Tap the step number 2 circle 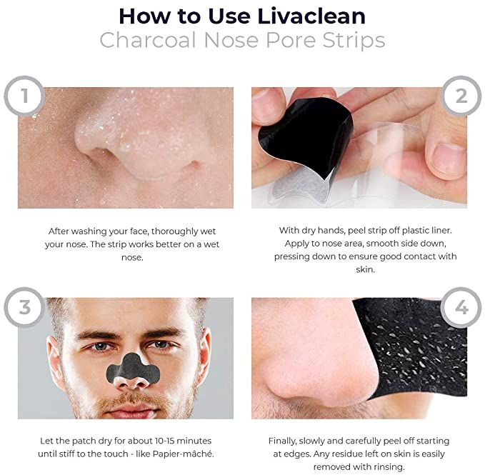[x=461, y=94]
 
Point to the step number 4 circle [x=461, y=307]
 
